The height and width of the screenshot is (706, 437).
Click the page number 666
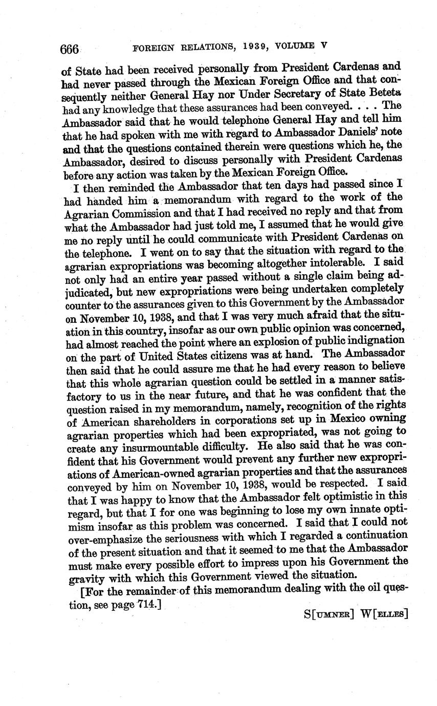[70, 49]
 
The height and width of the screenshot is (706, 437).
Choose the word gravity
[86, 579]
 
